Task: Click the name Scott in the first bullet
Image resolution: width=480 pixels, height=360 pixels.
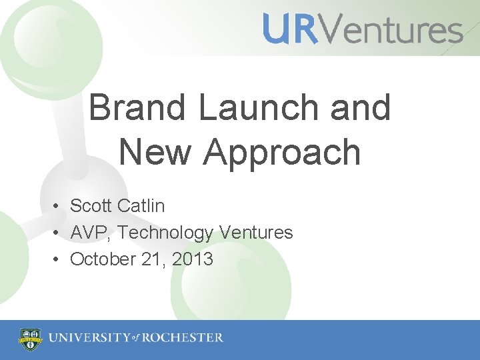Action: coord(93,206)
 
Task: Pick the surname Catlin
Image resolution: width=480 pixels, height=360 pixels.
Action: coord(142,206)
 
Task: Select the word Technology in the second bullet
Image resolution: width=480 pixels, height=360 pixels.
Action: coord(165,233)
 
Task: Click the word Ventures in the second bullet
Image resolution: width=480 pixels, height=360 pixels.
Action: coord(256,233)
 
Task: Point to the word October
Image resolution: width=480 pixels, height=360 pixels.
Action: coord(103,259)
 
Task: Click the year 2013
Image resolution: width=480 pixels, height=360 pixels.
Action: coord(192,259)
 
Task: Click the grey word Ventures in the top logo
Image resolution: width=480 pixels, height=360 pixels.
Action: coord(390,30)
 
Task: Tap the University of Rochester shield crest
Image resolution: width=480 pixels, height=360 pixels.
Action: coord(30,339)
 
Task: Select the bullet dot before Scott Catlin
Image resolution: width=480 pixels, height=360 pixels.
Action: coord(59,207)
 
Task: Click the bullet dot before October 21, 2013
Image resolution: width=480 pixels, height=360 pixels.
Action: coord(59,259)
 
